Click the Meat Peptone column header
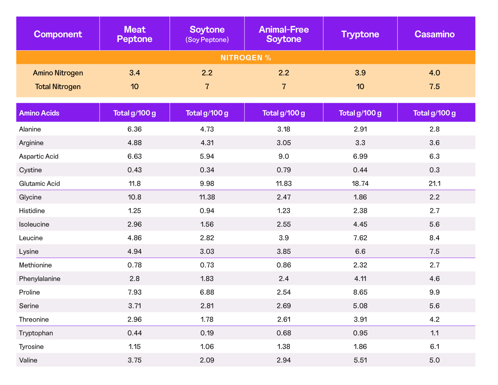coord(135,34)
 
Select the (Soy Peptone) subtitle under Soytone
coord(207,40)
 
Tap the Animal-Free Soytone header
coord(284,34)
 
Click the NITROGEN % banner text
coord(245,58)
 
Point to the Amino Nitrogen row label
coord(58,73)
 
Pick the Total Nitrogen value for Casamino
coord(434,86)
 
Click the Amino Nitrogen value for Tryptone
coord(360,73)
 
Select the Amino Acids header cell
coord(39,113)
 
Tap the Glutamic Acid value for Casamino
coord(434,183)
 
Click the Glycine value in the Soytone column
coord(207,197)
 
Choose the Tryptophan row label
coord(36,333)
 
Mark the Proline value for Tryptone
coord(360,292)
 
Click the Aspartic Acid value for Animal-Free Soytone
coord(284,156)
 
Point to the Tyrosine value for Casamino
coord(434,346)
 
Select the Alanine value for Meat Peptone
coord(135,129)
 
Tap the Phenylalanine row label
coord(40,278)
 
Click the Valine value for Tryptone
coord(360,360)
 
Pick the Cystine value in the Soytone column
coord(207,170)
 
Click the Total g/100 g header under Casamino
coord(434,113)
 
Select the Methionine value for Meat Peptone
coord(135,265)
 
